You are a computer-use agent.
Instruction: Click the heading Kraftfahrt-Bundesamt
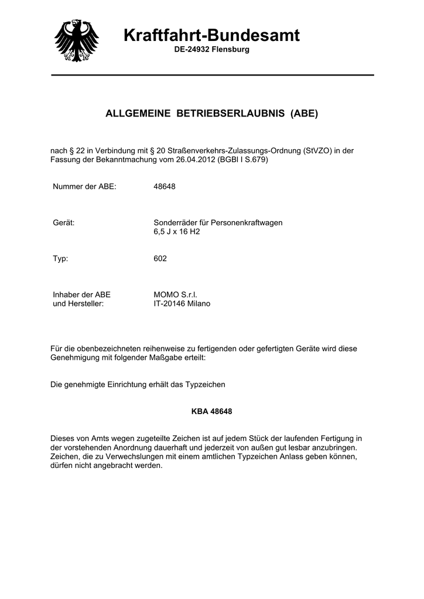pos(212,36)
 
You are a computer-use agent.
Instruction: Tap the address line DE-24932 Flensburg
pos(212,50)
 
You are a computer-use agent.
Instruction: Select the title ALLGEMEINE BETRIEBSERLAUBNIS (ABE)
pos(211,113)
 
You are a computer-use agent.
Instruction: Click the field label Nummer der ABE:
pos(85,187)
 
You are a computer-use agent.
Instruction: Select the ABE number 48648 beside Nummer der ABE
pos(165,187)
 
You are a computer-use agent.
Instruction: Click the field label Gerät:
pos(64,223)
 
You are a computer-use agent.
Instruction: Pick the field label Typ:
pos(61,258)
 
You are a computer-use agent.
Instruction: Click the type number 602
pos(160,258)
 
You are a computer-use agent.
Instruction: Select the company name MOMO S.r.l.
pos(176,295)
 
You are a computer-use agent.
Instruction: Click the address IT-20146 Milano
pos(182,304)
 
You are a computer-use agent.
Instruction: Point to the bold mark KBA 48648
pos(212,411)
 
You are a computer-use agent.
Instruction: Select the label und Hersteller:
pos(78,304)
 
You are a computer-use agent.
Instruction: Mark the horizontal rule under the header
pos(212,75)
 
